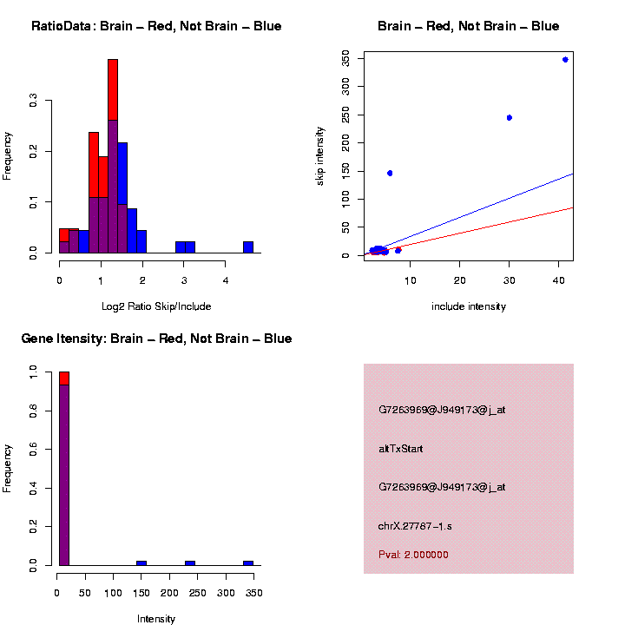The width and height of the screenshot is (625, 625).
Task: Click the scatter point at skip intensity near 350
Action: coord(565,60)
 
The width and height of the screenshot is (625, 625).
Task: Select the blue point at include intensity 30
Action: coord(509,117)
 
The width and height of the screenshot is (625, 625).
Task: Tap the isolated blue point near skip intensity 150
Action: coord(390,173)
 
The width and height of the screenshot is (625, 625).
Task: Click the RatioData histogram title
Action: coord(156,26)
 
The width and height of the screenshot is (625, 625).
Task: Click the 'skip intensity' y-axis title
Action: coord(320,155)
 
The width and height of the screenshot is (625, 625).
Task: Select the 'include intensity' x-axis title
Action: coord(469,306)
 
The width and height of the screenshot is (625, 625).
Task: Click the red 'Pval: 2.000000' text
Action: coord(413,555)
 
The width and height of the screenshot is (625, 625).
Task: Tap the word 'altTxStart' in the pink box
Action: coord(401,449)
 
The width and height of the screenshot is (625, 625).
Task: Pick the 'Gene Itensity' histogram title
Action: coord(156,339)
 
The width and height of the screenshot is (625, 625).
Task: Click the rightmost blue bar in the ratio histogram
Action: coord(248,247)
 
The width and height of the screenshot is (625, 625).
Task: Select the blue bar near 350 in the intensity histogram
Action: coord(248,562)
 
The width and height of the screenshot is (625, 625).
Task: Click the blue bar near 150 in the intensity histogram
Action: coord(141,562)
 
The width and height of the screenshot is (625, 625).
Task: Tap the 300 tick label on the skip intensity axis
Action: coord(346,85)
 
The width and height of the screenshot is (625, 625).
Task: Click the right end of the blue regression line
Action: coord(572,174)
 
